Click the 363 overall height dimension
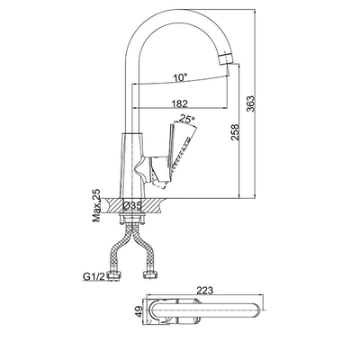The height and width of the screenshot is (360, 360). tap(250, 103)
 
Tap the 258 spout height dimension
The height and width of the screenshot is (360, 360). tap(235, 132)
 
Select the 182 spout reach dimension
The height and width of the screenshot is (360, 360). tap(180, 103)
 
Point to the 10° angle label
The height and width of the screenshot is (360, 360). tap(180, 77)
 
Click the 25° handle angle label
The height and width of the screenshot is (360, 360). tap(186, 119)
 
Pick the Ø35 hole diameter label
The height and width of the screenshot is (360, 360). tap(132, 206)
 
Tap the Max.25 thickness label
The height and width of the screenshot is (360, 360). tap(96, 206)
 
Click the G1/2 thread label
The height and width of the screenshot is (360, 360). tap(94, 276)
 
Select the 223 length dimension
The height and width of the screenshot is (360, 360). tap(205, 291)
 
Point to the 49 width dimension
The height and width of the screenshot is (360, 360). tap(139, 310)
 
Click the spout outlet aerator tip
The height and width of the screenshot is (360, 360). tap(226, 58)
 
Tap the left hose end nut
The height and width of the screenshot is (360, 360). tap(114, 275)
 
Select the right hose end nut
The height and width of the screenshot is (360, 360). tap(149, 274)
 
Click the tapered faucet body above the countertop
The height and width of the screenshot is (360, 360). tap(133, 165)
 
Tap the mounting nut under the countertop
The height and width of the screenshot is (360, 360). tap(131, 218)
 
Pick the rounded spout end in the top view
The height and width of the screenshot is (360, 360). tap(258, 310)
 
